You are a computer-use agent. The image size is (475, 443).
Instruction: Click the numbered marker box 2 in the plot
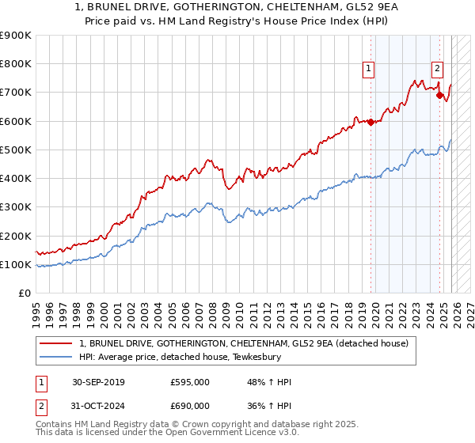pyautogui.click(x=437, y=68)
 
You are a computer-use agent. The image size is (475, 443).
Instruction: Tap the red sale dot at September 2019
pyautogui.click(x=370, y=122)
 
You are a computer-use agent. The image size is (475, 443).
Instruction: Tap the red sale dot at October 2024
pyautogui.click(x=439, y=95)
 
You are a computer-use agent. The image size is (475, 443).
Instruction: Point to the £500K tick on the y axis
pyautogui.click(x=16, y=150)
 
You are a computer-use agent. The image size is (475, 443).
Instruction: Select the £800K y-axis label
pyautogui.click(x=16, y=63)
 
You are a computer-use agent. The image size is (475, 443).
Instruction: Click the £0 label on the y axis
pyautogui.click(x=24, y=293)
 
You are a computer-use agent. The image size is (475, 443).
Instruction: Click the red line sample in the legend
pyautogui.click(x=57, y=343)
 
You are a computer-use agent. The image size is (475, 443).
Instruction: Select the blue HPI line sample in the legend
pyautogui.click(x=57, y=357)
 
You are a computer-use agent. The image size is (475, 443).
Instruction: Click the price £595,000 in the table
pyautogui.click(x=190, y=382)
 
